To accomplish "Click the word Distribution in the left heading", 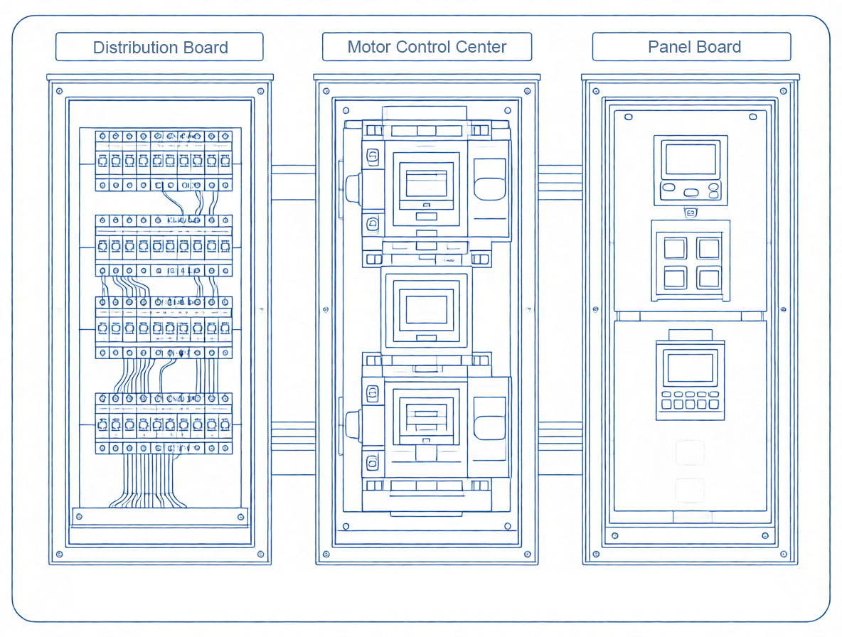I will click(x=131, y=48).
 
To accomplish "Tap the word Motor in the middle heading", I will click(x=369, y=47).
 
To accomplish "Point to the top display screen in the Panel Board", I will click(x=690, y=160).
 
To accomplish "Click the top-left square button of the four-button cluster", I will click(x=674, y=248).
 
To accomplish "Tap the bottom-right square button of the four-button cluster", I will click(x=708, y=277).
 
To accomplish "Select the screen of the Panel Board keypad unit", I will click(x=689, y=368).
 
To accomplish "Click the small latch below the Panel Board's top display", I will click(x=690, y=212).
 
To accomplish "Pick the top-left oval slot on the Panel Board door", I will click(x=628, y=116).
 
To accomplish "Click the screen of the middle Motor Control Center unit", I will click(x=426, y=309).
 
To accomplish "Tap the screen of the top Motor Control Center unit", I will click(x=426, y=183).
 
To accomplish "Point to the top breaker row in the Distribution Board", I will click(x=164, y=161).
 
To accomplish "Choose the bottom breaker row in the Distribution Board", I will click(x=164, y=424).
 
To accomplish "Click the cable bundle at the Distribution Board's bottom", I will click(x=148, y=483).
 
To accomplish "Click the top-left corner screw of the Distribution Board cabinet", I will click(x=58, y=91).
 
